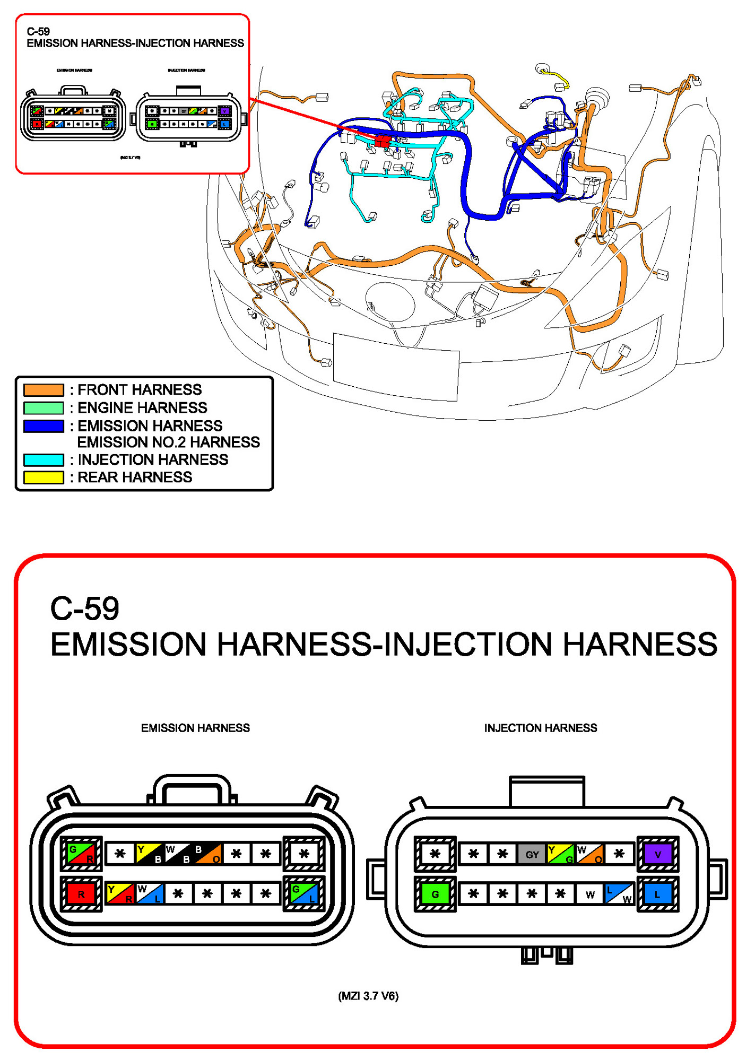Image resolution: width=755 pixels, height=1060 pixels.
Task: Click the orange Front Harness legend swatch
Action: [x=44, y=390]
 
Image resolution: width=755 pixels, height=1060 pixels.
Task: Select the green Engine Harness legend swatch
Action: [x=44, y=408]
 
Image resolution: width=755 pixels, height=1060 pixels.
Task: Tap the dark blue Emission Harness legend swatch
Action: [x=44, y=426]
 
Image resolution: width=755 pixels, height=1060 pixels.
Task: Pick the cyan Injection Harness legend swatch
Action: [x=44, y=459]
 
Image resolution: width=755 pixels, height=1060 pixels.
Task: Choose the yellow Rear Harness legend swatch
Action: [x=44, y=477]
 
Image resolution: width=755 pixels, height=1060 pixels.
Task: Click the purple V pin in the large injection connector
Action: [x=657, y=854]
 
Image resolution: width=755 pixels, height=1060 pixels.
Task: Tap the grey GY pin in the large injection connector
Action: [x=532, y=854]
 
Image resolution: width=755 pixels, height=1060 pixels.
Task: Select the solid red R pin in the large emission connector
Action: [x=81, y=894]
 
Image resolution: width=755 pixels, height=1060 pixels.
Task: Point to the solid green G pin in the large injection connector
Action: [x=435, y=894]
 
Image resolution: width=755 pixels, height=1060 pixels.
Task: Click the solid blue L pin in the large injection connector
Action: [x=657, y=894]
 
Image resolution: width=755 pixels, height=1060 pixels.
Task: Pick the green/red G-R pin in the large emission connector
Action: [x=81, y=854]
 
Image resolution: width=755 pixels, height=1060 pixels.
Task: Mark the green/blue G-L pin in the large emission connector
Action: [x=304, y=894]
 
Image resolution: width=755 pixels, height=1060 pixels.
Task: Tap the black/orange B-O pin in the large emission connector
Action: [x=207, y=854]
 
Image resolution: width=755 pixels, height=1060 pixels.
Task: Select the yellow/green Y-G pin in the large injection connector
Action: [x=561, y=854]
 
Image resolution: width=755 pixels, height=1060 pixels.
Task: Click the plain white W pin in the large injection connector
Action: [x=590, y=894]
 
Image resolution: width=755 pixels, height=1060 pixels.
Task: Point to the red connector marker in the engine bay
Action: [x=383, y=141]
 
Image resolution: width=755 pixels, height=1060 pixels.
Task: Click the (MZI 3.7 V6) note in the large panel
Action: [x=368, y=996]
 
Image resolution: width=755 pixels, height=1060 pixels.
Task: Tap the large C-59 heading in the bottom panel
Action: [x=84, y=608]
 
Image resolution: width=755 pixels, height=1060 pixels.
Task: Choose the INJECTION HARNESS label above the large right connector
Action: [x=540, y=728]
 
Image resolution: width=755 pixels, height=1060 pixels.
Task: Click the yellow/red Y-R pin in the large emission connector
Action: [x=120, y=894]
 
